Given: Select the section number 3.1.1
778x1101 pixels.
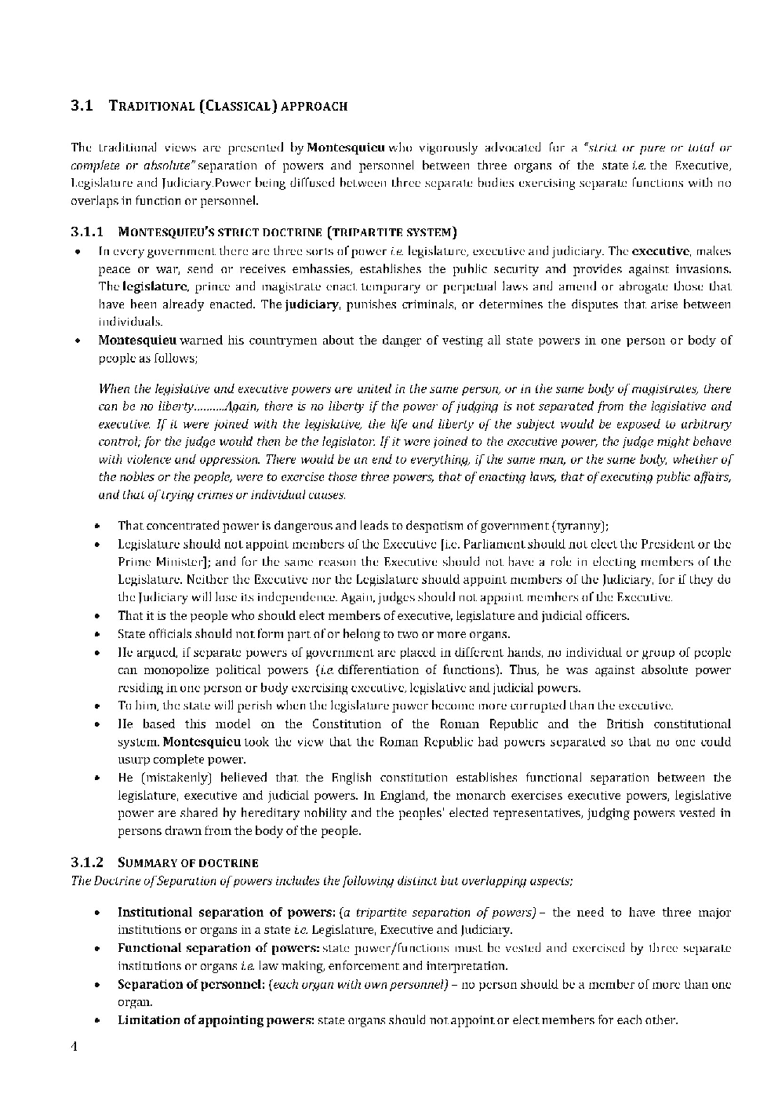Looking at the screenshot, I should (x=87, y=232).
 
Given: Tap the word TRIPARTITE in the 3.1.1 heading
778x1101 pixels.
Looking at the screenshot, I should (x=366, y=232).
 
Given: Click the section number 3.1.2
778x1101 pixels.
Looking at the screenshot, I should (x=87, y=862).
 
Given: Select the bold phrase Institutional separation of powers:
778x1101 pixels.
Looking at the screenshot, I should (x=226, y=912).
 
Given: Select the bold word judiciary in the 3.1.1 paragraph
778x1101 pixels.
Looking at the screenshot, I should (x=312, y=304).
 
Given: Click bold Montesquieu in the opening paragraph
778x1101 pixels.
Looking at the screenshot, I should (x=345, y=148).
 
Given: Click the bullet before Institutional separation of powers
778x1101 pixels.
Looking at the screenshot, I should (x=96, y=913).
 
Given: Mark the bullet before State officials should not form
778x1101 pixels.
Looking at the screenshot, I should (x=96, y=635).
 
